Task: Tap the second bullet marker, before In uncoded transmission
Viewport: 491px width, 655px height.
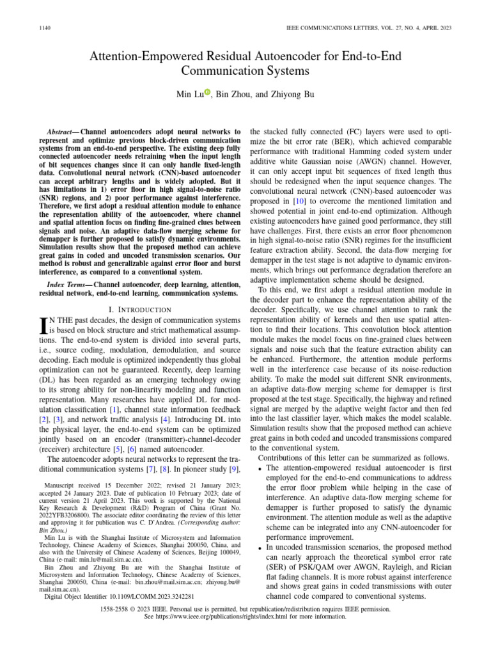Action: (x=260, y=548)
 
